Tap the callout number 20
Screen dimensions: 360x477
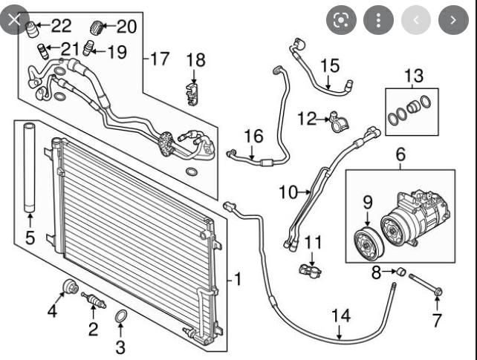click(x=126, y=27)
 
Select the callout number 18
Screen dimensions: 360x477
click(x=195, y=60)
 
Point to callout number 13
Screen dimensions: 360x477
click(x=413, y=75)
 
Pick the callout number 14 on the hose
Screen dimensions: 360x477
click(x=340, y=315)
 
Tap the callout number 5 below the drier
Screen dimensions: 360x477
click(x=30, y=238)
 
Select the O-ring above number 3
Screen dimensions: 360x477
click(x=120, y=318)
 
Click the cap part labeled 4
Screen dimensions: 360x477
click(x=71, y=287)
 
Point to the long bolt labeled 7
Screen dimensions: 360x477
click(x=422, y=288)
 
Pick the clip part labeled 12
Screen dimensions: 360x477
click(x=339, y=120)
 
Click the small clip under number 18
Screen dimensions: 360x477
click(x=192, y=93)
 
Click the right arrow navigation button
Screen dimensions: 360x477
click(x=451, y=20)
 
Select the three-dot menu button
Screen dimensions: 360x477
click(x=379, y=20)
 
